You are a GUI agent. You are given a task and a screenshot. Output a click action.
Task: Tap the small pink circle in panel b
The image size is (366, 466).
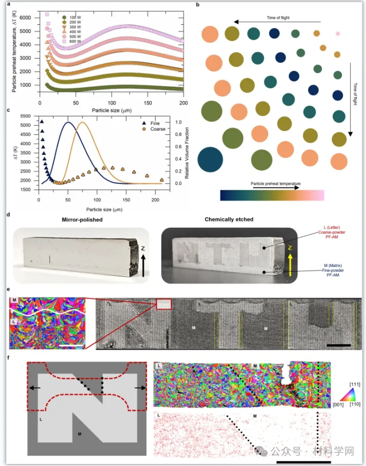click(x=337, y=33)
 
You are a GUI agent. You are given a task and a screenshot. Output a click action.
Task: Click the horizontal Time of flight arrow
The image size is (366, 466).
click(x=278, y=22)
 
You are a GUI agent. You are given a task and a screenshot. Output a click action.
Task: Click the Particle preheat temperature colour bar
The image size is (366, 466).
click(x=272, y=195)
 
